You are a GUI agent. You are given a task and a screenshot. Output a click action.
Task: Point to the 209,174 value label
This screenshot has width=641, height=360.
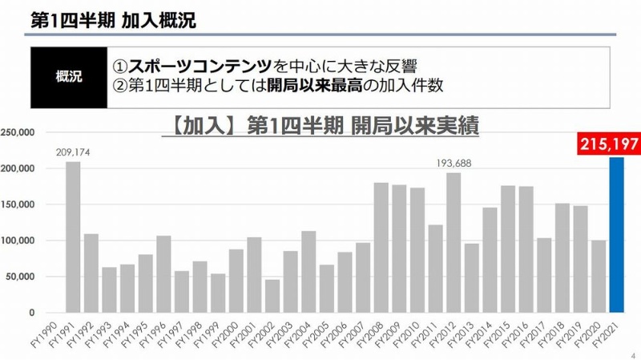point(73,152)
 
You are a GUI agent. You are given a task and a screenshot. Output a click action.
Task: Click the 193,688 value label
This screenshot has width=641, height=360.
point(454,164)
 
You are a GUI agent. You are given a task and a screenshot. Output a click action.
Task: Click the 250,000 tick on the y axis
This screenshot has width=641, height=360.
point(18,132)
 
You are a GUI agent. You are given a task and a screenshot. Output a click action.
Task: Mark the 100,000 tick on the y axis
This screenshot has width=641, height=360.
point(18,241)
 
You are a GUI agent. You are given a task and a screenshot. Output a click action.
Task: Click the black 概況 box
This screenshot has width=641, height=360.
point(69,77)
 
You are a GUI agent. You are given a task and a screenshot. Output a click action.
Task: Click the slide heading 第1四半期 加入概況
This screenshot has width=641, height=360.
point(112,19)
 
